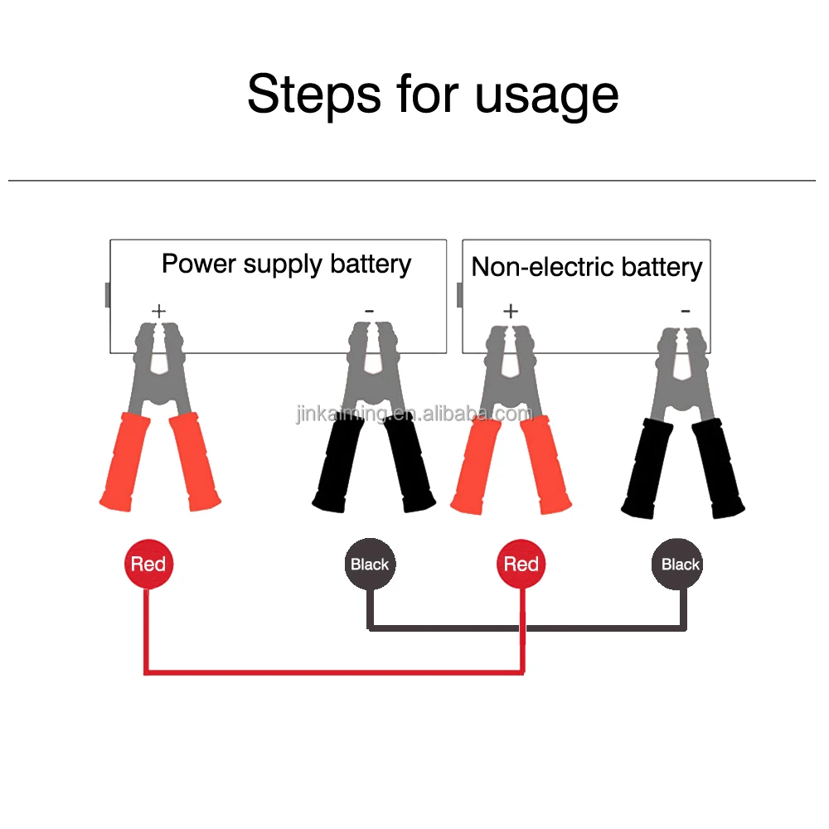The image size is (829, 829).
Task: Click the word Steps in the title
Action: (314, 94)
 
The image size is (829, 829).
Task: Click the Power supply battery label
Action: (286, 264)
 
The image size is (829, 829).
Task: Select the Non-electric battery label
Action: (586, 267)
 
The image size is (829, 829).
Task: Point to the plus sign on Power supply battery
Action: (158, 311)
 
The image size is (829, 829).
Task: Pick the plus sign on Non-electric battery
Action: (510, 312)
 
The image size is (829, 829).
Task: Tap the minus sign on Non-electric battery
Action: (685, 311)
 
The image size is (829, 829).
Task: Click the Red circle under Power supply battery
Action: (148, 565)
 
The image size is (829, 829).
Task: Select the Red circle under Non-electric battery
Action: (521, 565)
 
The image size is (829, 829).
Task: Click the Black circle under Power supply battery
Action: (370, 565)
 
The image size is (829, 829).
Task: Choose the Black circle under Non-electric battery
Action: (681, 565)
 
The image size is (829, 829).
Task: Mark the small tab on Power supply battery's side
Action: (108, 294)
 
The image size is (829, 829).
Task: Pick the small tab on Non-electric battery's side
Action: (459, 294)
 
